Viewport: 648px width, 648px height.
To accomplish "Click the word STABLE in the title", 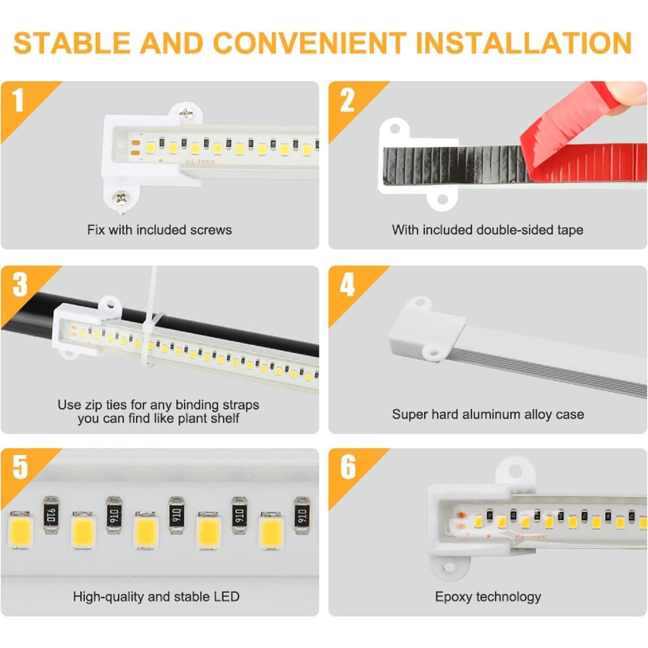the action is [72, 43].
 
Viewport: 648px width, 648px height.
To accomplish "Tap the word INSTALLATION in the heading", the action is [524, 43].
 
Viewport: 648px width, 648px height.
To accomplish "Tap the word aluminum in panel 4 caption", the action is [490, 414].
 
